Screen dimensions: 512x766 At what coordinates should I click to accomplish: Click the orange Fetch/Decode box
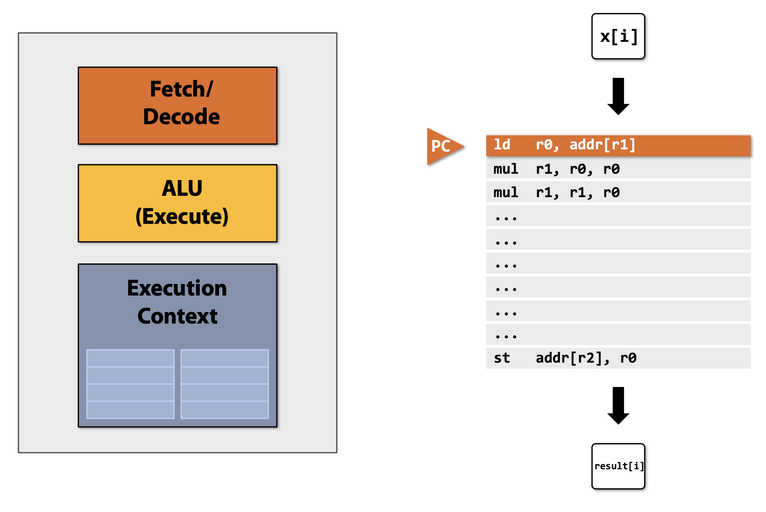pyautogui.click(x=177, y=106)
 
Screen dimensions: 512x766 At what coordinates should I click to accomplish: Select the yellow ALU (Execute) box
pyautogui.click(x=177, y=203)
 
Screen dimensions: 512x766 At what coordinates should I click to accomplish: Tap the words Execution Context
pyautogui.click(x=177, y=302)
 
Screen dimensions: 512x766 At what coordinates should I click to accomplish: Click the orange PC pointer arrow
pyautogui.click(x=442, y=146)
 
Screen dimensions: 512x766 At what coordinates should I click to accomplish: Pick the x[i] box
pyautogui.click(x=618, y=36)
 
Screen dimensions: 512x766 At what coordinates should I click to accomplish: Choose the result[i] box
pyautogui.click(x=618, y=466)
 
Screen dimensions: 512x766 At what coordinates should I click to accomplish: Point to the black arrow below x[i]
pyautogui.click(x=618, y=96)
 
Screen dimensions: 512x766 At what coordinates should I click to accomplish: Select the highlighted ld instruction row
pyautogui.click(x=618, y=145)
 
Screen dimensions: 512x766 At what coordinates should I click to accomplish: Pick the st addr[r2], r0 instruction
pyautogui.click(x=565, y=358)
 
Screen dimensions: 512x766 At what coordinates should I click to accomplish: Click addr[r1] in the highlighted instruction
pyautogui.click(x=603, y=145)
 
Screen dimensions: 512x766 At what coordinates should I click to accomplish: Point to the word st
pyautogui.click(x=501, y=358)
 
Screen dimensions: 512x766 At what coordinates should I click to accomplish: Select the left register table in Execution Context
pyautogui.click(x=130, y=384)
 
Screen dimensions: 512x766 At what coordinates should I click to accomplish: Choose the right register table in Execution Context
pyautogui.click(x=225, y=384)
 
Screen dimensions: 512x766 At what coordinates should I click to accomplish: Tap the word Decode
pyautogui.click(x=181, y=117)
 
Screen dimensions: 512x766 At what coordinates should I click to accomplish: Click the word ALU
pyautogui.click(x=182, y=188)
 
